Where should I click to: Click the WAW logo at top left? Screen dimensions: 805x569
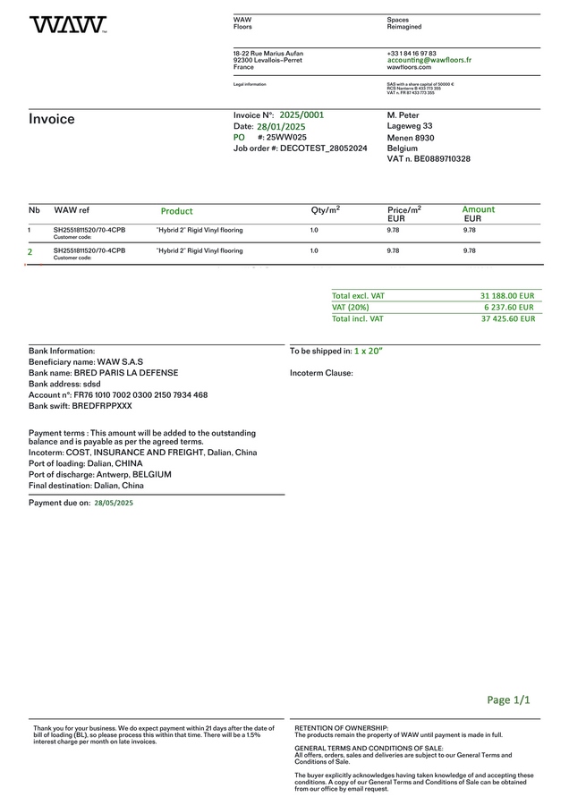[68, 25]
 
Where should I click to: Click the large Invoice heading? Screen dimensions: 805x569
[52, 120]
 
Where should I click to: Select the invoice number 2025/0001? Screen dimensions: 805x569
[301, 115]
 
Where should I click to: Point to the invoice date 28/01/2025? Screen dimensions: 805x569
[281, 127]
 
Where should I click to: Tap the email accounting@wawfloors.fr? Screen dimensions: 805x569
[429, 60]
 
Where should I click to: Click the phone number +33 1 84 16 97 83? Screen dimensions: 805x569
[412, 53]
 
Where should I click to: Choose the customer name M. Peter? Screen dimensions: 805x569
[403, 115]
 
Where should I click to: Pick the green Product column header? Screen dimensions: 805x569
[176, 211]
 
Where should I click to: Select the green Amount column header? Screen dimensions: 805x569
[478, 209]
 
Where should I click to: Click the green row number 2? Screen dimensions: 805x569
[30, 252]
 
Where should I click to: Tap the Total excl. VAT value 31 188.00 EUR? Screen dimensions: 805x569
[506, 296]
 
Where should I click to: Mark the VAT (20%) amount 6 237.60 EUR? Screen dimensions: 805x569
[509, 307]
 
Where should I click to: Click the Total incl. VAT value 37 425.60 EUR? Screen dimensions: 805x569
[507, 318]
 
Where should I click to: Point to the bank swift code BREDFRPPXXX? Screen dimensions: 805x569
[102, 406]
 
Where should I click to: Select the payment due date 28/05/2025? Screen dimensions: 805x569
[113, 504]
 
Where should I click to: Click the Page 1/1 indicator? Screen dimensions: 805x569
[508, 700]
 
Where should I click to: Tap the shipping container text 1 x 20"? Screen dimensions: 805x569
[368, 352]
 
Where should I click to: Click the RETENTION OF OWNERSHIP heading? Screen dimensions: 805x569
[342, 729]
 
